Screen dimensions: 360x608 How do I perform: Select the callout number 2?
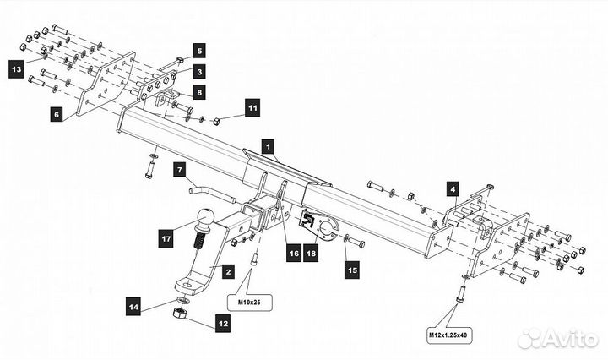[226, 272]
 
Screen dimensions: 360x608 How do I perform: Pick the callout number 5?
[199, 50]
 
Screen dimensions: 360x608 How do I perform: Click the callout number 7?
[179, 171]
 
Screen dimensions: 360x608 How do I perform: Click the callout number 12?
[222, 322]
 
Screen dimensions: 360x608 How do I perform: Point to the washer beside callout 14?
[182, 300]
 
